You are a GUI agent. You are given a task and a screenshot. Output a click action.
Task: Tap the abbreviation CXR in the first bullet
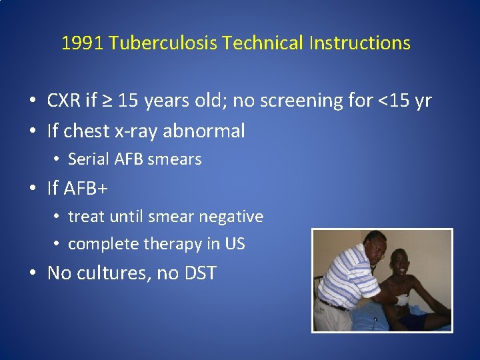click(x=64, y=101)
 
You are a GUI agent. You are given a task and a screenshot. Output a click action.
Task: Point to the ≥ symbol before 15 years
click(x=108, y=101)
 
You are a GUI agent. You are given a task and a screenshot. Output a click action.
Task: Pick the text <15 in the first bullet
click(x=393, y=101)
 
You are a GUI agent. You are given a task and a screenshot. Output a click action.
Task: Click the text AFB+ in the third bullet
click(x=87, y=189)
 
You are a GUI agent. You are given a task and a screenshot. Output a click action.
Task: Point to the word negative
click(x=234, y=217)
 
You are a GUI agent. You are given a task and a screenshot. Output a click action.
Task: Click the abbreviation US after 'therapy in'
click(x=235, y=244)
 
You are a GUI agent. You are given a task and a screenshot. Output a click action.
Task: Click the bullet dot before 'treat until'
click(x=59, y=217)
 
